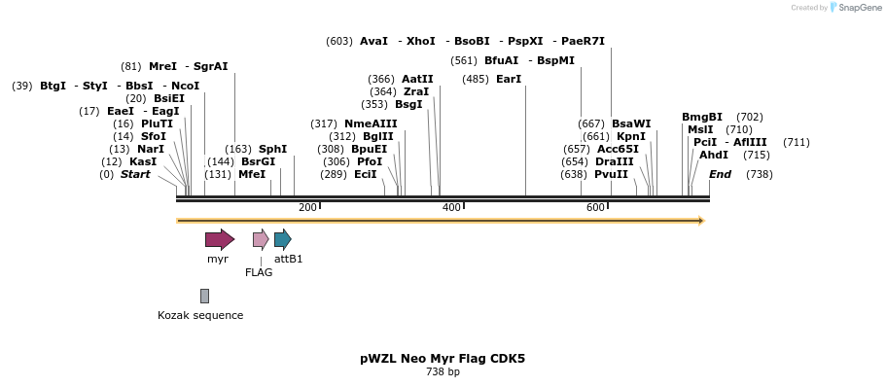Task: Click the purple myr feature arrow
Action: pyautogui.click(x=219, y=239)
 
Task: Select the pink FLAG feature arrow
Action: pyautogui.click(x=261, y=239)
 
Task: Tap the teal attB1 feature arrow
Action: pyautogui.click(x=282, y=239)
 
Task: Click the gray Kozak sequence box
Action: pyautogui.click(x=204, y=296)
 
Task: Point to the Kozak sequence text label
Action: pyautogui.click(x=200, y=315)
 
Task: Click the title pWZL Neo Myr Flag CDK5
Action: pyautogui.click(x=443, y=358)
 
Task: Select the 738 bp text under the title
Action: pyautogui.click(x=443, y=372)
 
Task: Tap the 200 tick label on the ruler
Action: pyautogui.click(x=307, y=208)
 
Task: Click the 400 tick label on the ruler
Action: pyautogui.click(x=451, y=208)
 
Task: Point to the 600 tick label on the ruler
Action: pyautogui.click(x=595, y=208)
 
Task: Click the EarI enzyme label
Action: pyautogui.click(x=509, y=79)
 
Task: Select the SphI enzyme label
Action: pyautogui.click(x=272, y=149)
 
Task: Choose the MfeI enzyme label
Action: pyautogui.click(x=252, y=174)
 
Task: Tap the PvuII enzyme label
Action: pyautogui.click(x=611, y=174)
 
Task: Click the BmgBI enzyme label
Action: pyautogui.click(x=702, y=117)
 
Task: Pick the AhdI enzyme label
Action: pyautogui.click(x=714, y=155)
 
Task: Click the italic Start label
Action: pyautogui.click(x=135, y=174)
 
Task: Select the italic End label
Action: pyautogui.click(x=720, y=174)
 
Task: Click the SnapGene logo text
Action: pyautogui.click(x=859, y=8)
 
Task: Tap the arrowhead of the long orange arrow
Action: pyautogui.click(x=699, y=221)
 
